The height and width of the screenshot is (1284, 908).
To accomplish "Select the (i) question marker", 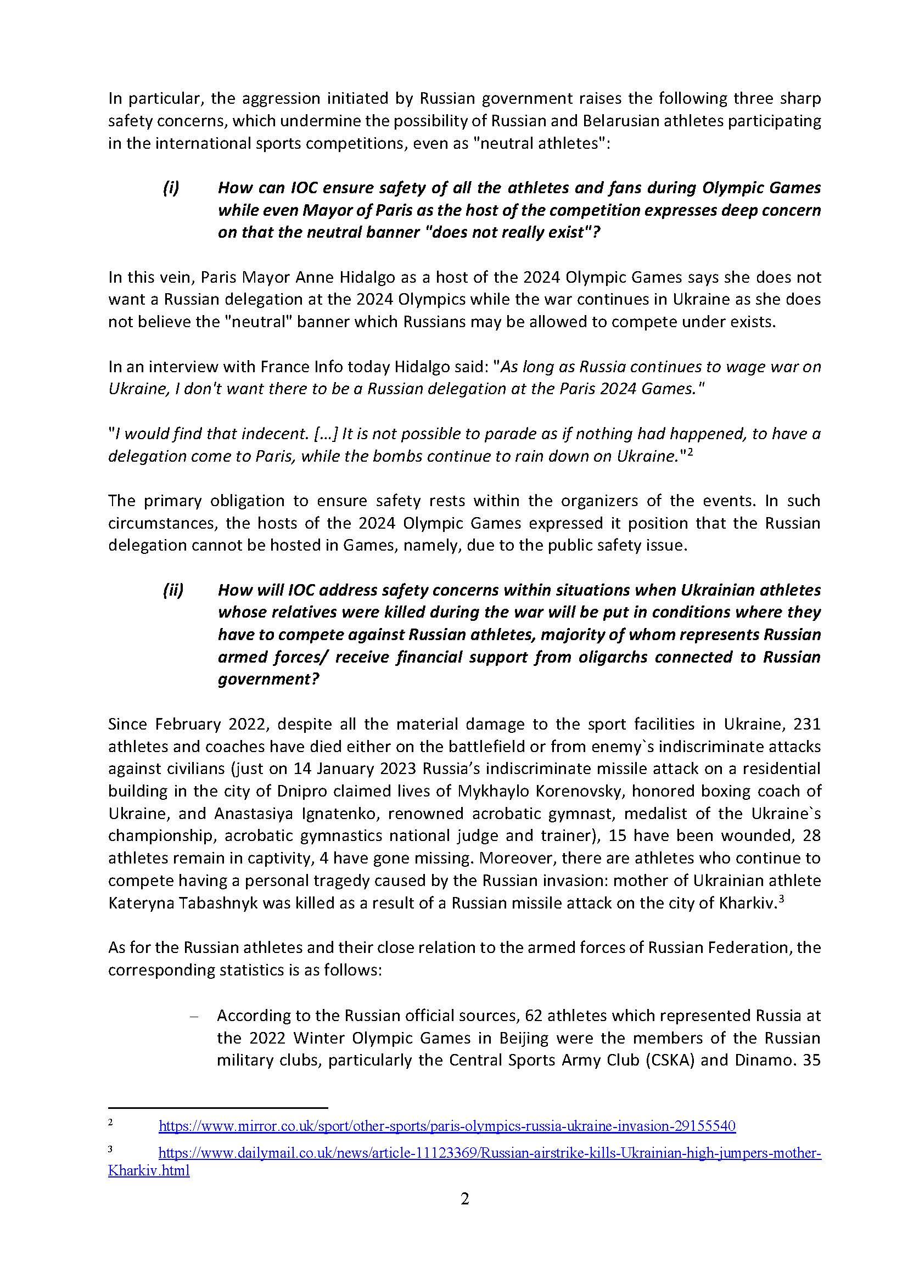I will tap(171, 188).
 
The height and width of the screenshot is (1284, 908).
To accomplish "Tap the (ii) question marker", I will tap(173, 590).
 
